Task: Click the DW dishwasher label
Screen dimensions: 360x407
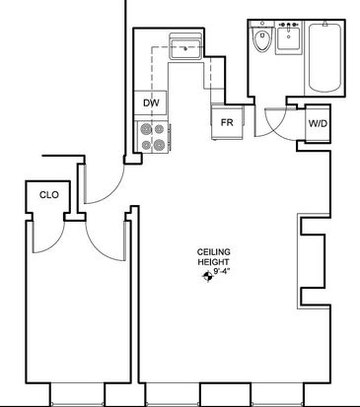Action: click(151, 102)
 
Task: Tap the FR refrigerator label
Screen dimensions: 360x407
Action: click(227, 122)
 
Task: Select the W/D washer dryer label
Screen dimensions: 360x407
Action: click(318, 124)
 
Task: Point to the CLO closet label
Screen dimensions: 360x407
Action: click(49, 195)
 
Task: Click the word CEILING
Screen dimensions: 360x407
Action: click(214, 252)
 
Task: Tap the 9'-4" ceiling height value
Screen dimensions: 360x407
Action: click(221, 272)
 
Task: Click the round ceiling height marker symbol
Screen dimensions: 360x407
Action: click(207, 277)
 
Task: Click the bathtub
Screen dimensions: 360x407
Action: click(324, 58)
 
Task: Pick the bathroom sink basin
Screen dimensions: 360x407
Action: click(288, 39)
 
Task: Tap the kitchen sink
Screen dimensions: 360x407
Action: click(185, 49)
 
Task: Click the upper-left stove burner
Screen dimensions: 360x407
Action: click(145, 129)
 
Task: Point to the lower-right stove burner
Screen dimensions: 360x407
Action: click(159, 145)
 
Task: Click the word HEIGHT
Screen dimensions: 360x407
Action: click(213, 262)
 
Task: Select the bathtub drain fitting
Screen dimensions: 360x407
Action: click(324, 24)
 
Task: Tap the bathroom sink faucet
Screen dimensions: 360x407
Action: click(289, 25)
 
